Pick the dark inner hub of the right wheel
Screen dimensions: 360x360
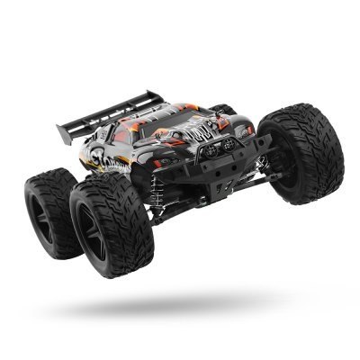pyautogui.click(x=292, y=157)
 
